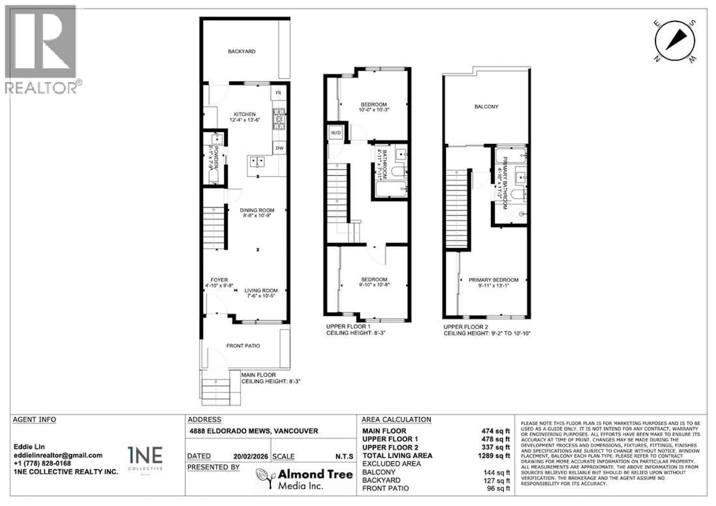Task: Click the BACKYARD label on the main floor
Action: click(242, 51)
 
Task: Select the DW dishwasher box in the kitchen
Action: click(280, 148)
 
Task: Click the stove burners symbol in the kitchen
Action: click(279, 119)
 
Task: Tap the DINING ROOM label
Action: click(257, 210)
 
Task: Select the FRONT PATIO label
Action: click(243, 346)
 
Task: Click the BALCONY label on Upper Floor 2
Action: click(486, 107)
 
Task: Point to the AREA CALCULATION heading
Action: click(396, 420)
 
